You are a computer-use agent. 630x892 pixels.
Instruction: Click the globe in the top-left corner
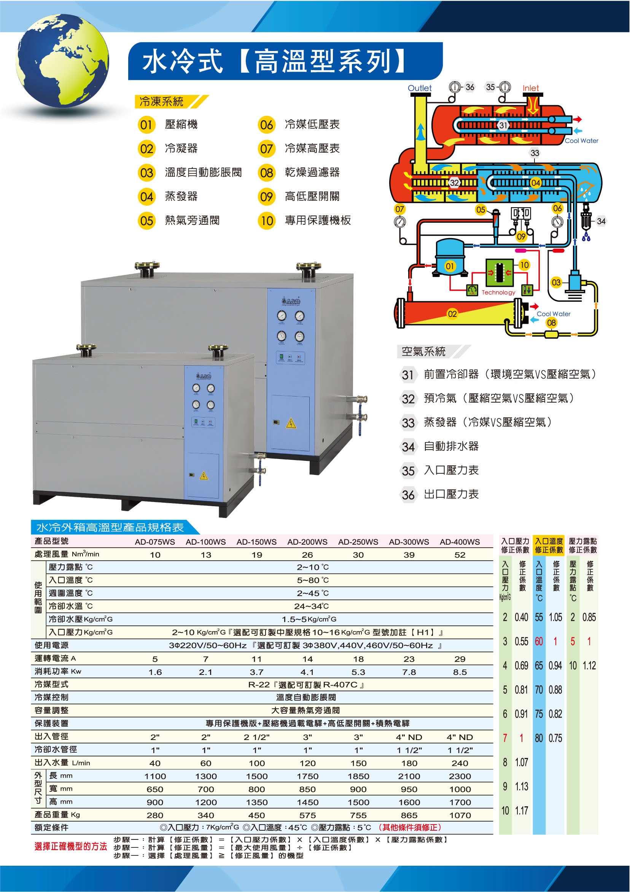point(62,61)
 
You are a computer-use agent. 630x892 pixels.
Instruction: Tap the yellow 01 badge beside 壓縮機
point(146,125)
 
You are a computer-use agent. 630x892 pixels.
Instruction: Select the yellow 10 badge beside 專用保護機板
point(267,221)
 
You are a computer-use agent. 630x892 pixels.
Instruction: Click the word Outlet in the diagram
point(419,88)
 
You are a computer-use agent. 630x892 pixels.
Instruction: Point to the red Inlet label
point(530,88)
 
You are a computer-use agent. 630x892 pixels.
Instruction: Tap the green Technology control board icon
point(499,272)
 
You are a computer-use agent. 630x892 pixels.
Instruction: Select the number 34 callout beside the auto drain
point(601,221)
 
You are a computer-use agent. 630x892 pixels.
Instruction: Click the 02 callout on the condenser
point(452,314)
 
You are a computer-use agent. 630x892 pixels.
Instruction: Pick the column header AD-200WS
point(307,542)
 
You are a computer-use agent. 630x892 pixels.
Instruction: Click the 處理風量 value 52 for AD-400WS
point(460,555)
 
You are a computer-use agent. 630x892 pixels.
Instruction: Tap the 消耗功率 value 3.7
point(256,672)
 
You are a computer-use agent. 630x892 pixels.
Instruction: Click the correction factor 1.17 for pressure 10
point(521,811)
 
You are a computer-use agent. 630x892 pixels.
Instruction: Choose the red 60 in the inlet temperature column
point(539,641)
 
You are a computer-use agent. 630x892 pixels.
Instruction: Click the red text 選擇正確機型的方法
point(71,847)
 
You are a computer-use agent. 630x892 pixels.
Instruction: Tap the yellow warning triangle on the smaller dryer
point(204,476)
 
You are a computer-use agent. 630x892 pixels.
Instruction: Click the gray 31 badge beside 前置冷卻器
point(407,375)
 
